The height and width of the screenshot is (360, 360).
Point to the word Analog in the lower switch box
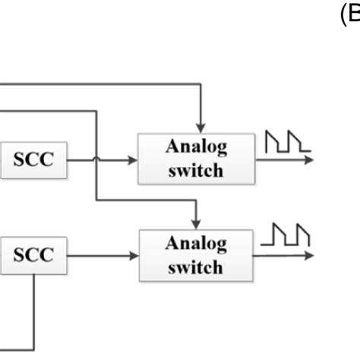(196, 244)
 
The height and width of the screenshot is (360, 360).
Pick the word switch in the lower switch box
(196, 267)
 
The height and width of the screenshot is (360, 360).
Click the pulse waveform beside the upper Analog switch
(287, 142)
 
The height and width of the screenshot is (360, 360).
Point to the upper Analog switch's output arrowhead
(307, 160)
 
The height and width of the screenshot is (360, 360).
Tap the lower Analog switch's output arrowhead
(307, 255)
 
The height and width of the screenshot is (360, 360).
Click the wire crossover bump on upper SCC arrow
(96, 159)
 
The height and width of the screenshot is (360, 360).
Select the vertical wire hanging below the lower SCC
(35, 304)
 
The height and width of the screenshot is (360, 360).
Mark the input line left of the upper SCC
(4, 160)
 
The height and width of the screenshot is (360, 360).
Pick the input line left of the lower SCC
(4, 254)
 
